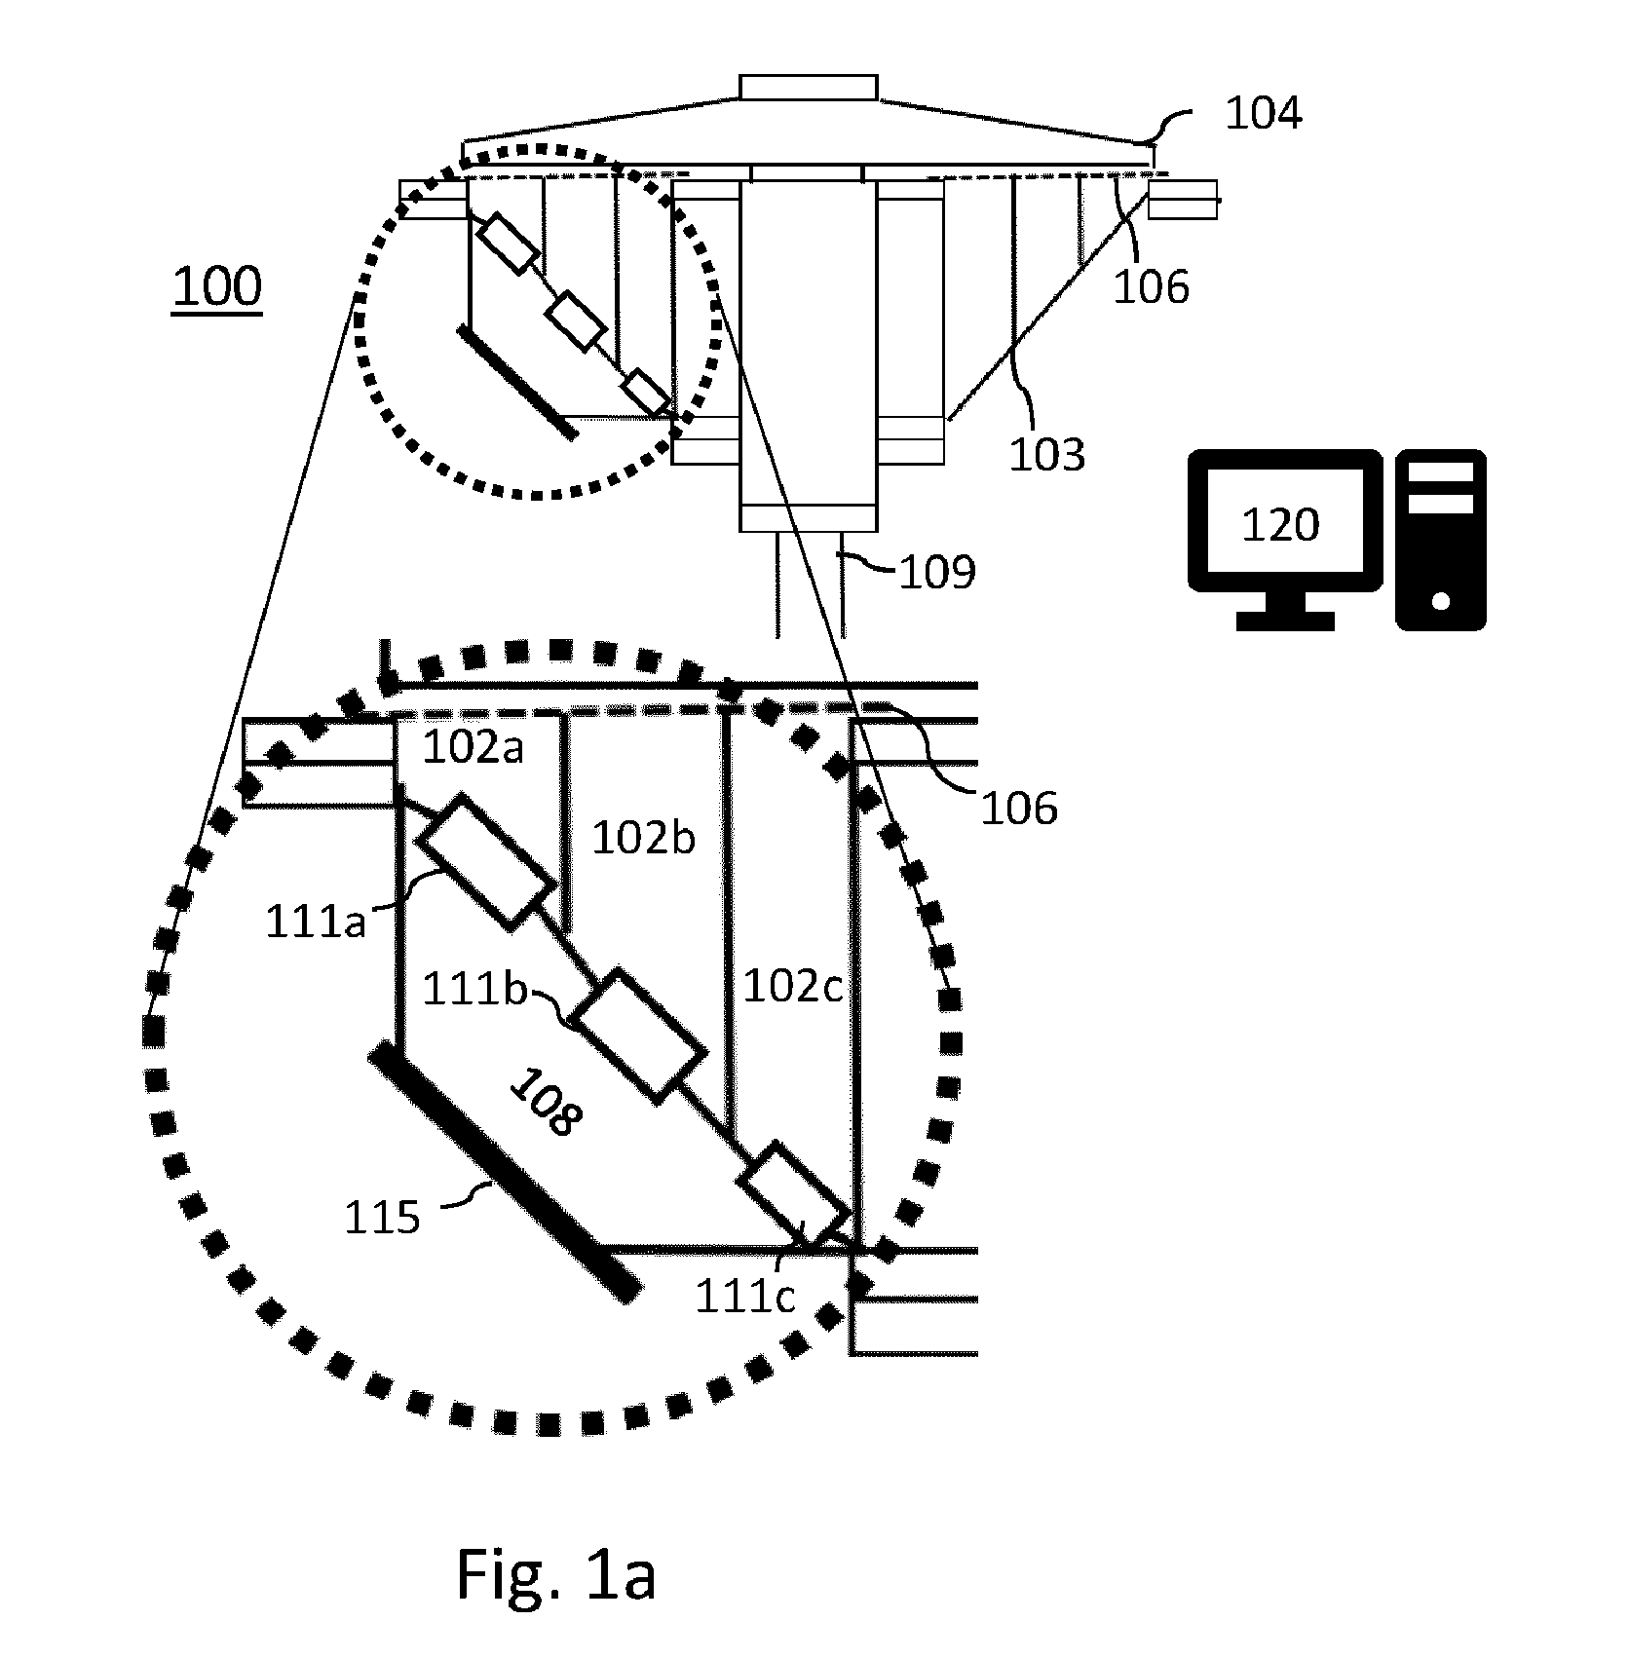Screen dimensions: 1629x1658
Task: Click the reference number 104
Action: point(1263,114)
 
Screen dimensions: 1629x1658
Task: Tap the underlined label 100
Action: point(217,287)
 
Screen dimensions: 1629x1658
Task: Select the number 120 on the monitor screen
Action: point(1280,526)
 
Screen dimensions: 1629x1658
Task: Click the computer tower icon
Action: point(1440,540)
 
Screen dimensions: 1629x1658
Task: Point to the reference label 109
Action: point(936,573)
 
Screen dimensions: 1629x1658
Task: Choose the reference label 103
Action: point(1046,455)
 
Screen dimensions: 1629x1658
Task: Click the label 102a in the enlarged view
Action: point(473,748)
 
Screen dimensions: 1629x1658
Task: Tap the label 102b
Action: point(644,838)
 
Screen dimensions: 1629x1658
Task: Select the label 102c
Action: point(792,988)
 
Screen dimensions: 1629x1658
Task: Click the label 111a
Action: point(316,923)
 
